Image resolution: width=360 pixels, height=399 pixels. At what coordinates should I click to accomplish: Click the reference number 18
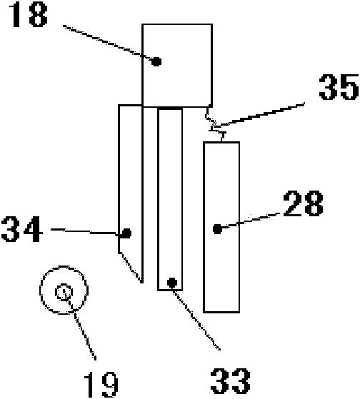(x=29, y=15)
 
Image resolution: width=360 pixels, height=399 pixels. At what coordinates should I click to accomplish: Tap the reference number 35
(x=339, y=87)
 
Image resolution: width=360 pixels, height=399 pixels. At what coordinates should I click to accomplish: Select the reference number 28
(x=304, y=203)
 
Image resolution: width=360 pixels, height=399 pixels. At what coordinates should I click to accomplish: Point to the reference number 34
(x=21, y=229)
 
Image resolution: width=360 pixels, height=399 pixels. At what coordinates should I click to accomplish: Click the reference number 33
(x=231, y=380)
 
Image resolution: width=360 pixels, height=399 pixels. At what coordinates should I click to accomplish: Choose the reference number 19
(x=101, y=384)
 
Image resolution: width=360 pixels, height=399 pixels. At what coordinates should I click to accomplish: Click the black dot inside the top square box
(x=156, y=61)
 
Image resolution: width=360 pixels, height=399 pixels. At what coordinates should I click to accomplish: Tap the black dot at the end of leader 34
(x=126, y=233)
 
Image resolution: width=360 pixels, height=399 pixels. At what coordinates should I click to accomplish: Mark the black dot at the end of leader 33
(x=172, y=282)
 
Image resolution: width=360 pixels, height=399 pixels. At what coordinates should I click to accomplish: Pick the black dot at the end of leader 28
(x=217, y=229)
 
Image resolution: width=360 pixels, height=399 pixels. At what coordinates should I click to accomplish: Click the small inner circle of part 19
(x=64, y=292)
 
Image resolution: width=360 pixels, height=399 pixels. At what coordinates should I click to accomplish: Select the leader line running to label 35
(x=259, y=113)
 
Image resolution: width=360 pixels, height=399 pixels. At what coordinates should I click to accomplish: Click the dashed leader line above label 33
(x=196, y=320)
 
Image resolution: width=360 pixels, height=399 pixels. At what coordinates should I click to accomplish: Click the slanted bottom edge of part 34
(x=131, y=267)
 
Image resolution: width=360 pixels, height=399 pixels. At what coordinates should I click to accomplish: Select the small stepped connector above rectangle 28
(x=215, y=124)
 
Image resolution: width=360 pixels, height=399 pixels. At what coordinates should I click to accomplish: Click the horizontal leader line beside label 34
(x=84, y=231)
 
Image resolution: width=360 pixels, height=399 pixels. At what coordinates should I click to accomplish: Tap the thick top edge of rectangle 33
(x=170, y=109)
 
